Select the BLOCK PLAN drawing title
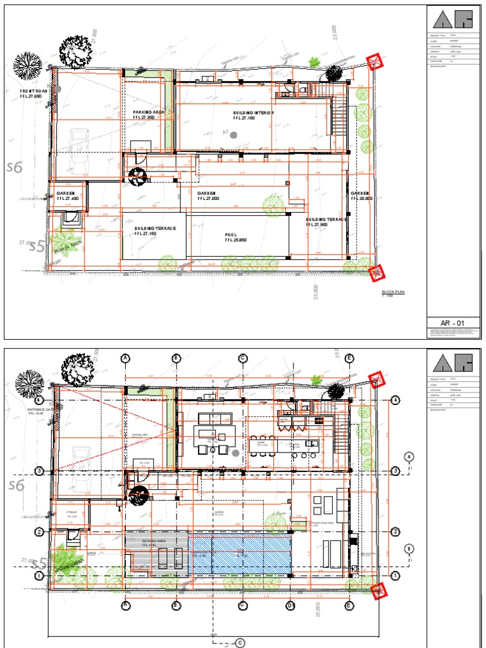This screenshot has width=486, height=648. (392, 292)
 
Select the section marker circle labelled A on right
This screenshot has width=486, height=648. (409, 456)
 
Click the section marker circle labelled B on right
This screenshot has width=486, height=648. (409, 548)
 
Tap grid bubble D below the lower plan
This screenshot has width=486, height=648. (290, 606)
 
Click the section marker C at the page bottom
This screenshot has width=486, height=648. (240, 643)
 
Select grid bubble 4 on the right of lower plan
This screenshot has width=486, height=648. (396, 401)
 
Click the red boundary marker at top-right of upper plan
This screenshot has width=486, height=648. (377, 61)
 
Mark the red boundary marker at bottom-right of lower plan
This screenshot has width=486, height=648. (378, 591)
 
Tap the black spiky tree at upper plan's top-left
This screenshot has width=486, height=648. (28, 65)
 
